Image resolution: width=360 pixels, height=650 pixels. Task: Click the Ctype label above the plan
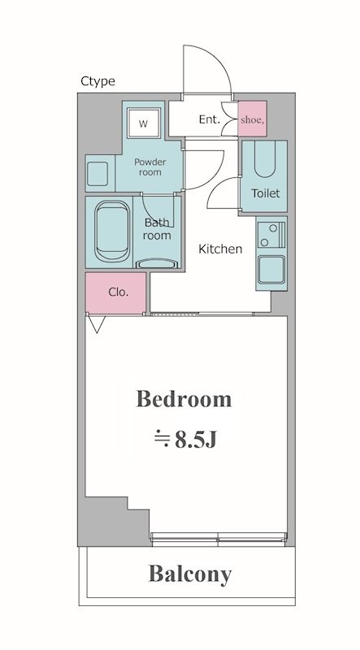pyautogui.click(x=98, y=81)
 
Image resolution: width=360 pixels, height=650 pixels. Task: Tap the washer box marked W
pyautogui.click(x=144, y=123)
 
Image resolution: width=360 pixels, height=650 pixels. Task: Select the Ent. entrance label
pyautogui.click(x=209, y=119)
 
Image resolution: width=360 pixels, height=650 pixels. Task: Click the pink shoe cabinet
pyautogui.click(x=252, y=119)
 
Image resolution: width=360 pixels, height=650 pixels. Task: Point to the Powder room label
pyautogui.click(x=150, y=167)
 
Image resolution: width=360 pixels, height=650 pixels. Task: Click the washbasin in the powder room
pyautogui.click(x=98, y=173)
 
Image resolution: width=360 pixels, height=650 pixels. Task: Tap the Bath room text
pyautogui.click(x=157, y=229)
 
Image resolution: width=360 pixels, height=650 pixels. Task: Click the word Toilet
pyautogui.click(x=266, y=193)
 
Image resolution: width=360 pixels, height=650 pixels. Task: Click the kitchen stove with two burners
pyautogui.click(x=271, y=235)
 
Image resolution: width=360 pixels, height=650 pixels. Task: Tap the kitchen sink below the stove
pyautogui.click(x=271, y=270)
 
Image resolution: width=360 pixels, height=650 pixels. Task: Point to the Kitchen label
pyautogui.click(x=220, y=249)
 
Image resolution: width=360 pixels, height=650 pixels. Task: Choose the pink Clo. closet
pyautogui.click(x=115, y=292)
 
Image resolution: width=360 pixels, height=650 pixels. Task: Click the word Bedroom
pyautogui.click(x=184, y=399)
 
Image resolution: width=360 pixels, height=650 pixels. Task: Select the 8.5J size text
pyautogui.click(x=185, y=440)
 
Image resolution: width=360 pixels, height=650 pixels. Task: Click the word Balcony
pyautogui.click(x=190, y=575)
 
